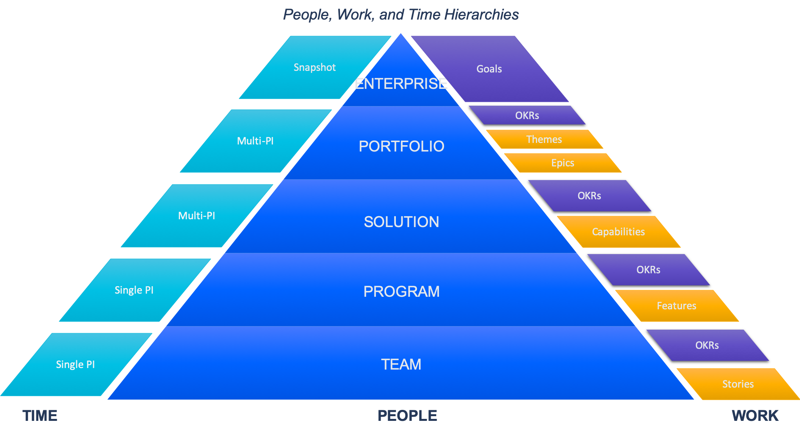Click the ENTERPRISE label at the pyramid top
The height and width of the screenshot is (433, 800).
401,84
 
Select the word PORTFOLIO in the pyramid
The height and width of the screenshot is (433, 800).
401,146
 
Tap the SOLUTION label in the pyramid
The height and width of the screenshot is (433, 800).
401,222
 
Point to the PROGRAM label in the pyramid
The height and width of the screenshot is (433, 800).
401,292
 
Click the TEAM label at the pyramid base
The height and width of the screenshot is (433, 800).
401,364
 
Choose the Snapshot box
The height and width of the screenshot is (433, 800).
315,67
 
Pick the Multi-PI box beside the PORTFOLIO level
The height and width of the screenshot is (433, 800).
255,141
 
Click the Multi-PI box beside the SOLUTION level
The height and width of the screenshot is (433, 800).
197,216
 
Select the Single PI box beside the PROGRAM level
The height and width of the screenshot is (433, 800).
134,290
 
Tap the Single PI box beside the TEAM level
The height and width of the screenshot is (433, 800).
76,364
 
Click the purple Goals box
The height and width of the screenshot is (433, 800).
489,69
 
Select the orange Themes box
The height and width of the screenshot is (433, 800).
544,139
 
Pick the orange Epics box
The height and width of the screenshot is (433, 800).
563,163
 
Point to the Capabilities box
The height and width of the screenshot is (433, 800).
618,232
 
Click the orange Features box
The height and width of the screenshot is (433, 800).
676,306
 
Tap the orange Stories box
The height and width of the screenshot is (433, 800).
738,384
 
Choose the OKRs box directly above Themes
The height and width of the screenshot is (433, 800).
527,115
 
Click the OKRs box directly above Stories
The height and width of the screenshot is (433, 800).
707,345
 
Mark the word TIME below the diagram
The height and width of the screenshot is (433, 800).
40,416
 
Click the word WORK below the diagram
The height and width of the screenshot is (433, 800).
755,416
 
